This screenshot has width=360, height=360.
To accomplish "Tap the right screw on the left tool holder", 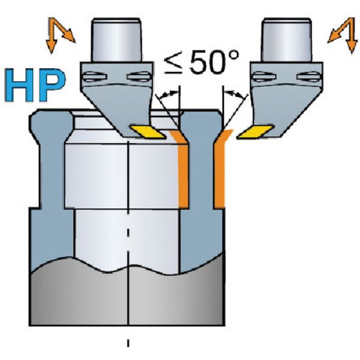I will [139, 76].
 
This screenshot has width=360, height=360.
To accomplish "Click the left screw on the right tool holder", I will [262, 76].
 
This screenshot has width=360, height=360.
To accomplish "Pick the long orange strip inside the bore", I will [184, 174].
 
